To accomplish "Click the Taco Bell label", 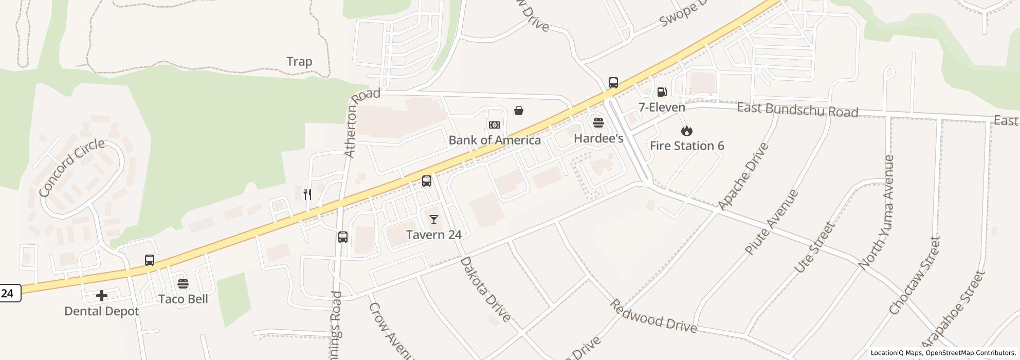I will [183, 299].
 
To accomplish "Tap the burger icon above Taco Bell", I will [183, 283].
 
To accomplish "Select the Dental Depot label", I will [102, 311].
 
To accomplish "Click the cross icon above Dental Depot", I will [102, 296].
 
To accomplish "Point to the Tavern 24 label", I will [433, 235].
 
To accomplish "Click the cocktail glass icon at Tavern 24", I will [434, 220].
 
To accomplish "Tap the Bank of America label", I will [495, 140].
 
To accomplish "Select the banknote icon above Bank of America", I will [495, 125].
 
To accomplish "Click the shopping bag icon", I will [519, 111].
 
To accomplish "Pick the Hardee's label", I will [598, 138].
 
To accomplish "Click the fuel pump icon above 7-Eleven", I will [662, 92].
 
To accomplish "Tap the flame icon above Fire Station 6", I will [686, 131].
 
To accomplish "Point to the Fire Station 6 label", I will [687, 146].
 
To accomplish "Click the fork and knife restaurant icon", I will [307, 194].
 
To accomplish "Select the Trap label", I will [299, 62].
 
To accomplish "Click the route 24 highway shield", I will [9, 293].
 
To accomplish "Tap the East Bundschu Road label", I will [797, 110].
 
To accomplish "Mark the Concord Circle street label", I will [71, 168].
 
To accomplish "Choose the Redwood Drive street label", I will [653, 316].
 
